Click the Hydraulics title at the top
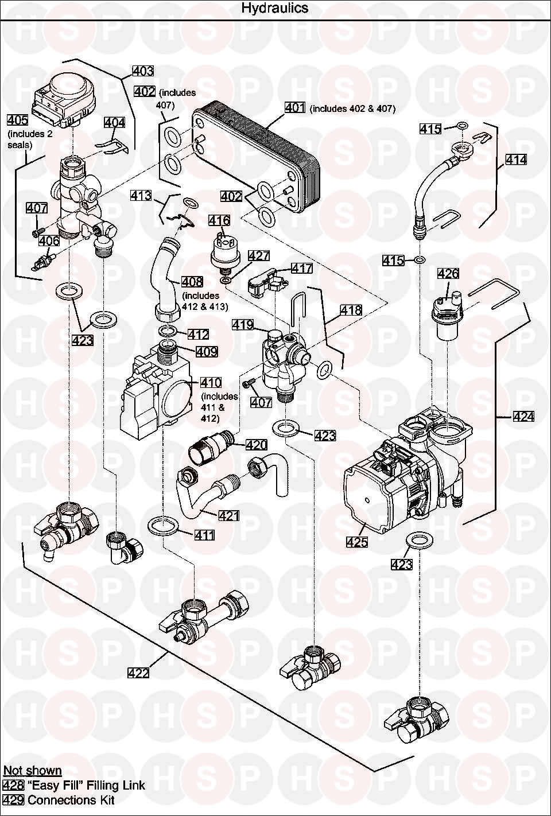click(274, 8)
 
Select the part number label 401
click(295, 108)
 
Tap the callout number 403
click(143, 71)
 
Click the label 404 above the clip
click(114, 122)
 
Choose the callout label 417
click(302, 268)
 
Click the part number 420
click(256, 445)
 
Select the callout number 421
click(229, 516)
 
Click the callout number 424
click(523, 417)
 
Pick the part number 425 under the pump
click(357, 541)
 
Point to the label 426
click(448, 273)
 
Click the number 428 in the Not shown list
click(13, 785)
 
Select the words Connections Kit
click(71, 800)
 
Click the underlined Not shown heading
click(32, 771)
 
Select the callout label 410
click(211, 382)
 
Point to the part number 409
click(207, 351)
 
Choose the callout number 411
click(204, 535)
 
